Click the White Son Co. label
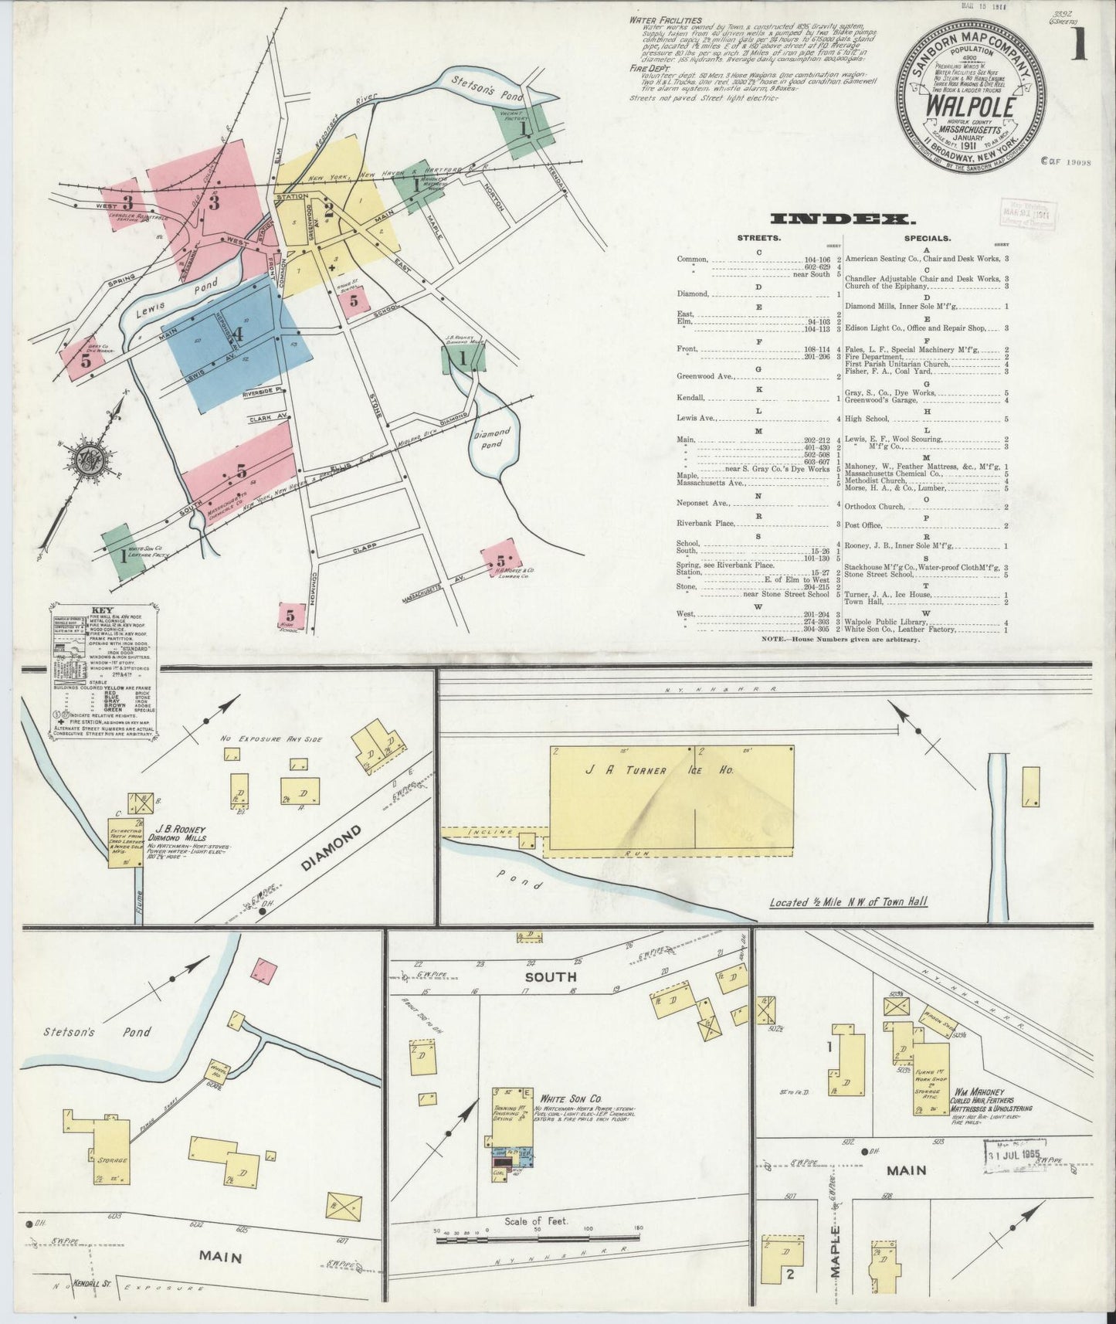pyautogui.click(x=572, y=1098)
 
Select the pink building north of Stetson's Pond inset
pyautogui.click(x=266, y=970)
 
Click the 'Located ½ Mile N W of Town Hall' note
pyautogui.click(x=848, y=902)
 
